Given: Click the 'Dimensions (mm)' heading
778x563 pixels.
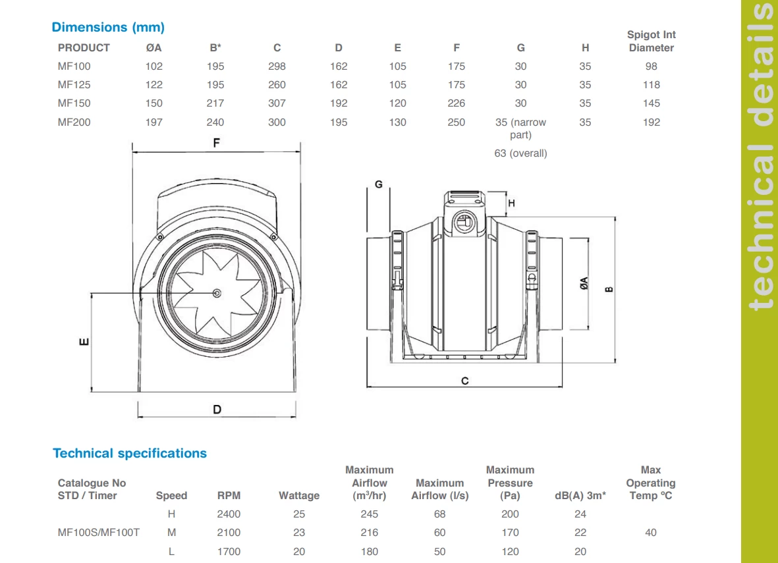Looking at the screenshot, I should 108,27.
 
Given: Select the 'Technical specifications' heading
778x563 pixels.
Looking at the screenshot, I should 130,453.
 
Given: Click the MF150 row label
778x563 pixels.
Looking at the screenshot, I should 74,103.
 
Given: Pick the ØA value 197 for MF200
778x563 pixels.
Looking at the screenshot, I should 153,122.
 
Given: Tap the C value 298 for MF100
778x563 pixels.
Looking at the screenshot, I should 277,67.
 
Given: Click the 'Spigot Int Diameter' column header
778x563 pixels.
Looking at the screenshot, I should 651,41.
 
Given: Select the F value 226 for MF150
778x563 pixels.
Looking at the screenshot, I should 456,103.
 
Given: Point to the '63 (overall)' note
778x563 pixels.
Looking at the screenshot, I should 520,153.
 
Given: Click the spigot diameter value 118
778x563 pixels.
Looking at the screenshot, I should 651,85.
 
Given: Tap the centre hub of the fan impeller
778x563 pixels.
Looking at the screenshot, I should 217,292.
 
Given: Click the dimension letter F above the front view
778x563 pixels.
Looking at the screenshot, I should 217,143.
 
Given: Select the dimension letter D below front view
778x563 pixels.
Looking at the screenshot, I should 217,410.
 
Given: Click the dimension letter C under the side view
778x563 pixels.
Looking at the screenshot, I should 465,381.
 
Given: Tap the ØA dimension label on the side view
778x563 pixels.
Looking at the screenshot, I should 584,284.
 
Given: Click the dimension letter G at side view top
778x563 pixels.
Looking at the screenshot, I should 378,184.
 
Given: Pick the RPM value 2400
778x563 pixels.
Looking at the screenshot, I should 229,514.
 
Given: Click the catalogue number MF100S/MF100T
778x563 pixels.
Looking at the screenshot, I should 99,533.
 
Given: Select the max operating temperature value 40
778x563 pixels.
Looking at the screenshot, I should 650,533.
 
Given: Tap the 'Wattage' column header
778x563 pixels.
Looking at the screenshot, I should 299,496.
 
